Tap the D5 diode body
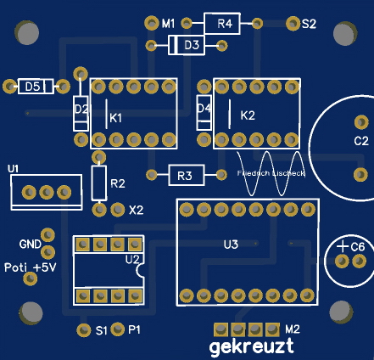(x=34, y=86)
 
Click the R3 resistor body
(x=185, y=175)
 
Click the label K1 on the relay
(x=116, y=117)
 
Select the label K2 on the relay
(x=248, y=115)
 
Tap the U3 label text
(x=231, y=245)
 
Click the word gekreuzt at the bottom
(x=252, y=346)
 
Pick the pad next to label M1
(x=152, y=23)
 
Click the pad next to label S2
(x=293, y=23)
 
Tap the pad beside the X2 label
(x=117, y=208)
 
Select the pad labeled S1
(x=83, y=329)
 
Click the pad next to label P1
(x=119, y=329)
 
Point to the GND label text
(x=31, y=245)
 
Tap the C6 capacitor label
(x=357, y=246)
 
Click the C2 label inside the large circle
(x=360, y=140)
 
